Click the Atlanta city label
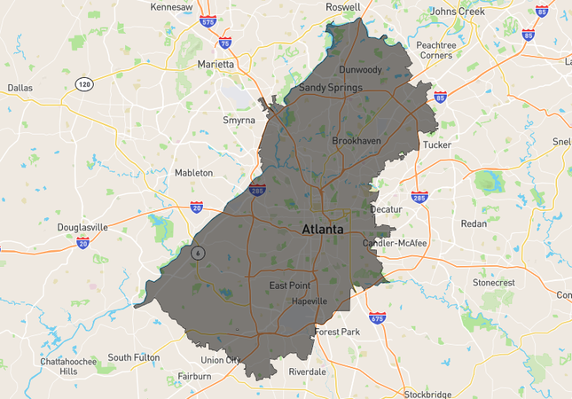(323, 229)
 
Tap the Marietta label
(215, 65)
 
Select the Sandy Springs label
(330, 88)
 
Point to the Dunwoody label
(360, 69)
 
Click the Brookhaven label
(357, 141)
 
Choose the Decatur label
(386, 209)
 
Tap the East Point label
(290, 286)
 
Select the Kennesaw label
(172, 7)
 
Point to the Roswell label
(342, 6)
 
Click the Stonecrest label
(518, 283)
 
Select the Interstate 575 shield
(208, 21)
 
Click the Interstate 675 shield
(377, 317)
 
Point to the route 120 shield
(84, 84)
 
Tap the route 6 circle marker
(198, 252)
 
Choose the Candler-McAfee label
(395, 243)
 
